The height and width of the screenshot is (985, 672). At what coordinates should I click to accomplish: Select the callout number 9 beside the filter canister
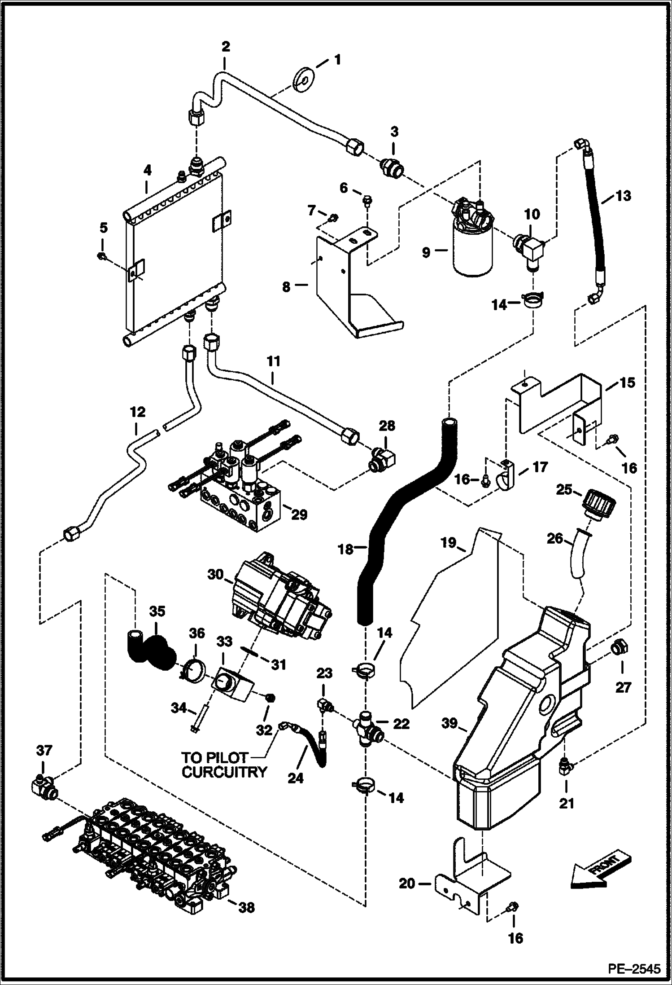[426, 253]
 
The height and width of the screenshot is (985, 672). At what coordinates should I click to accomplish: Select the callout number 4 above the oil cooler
[147, 170]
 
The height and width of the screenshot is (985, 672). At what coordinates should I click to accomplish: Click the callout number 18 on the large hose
[345, 549]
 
